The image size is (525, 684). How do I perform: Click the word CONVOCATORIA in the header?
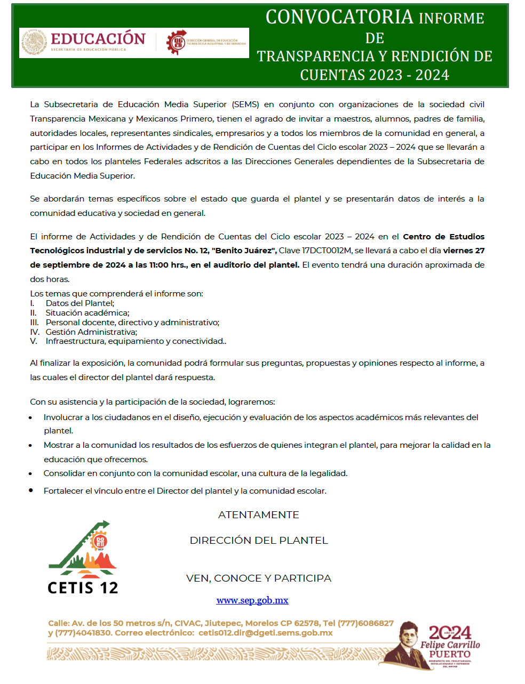[x=339, y=18]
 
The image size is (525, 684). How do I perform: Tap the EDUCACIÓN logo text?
[x=98, y=39]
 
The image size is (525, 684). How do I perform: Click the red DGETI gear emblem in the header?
[x=176, y=42]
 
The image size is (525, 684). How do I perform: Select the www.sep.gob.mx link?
[x=252, y=600]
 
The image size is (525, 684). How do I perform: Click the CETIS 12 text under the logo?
[x=83, y=588]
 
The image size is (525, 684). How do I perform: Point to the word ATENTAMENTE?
[x=259, y=515]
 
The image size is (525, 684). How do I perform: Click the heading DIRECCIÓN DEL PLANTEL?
[x=259, y=541]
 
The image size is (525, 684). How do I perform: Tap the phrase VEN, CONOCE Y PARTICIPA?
[x=259, y=578]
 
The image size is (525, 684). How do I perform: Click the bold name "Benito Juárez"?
[x=244, y=251]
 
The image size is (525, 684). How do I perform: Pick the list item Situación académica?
[x=87, y=313]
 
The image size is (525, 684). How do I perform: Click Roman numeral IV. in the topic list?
[x=35, y=332]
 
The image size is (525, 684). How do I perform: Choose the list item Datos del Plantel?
[x=79, y=303]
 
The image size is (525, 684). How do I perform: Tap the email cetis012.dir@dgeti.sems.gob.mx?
[x=265, y=633]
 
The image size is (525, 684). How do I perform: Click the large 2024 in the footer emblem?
[x=450, y=633]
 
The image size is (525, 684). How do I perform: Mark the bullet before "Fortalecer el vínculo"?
[x=31, y=490]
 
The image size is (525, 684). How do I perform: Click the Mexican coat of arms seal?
[x=34, y=43]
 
